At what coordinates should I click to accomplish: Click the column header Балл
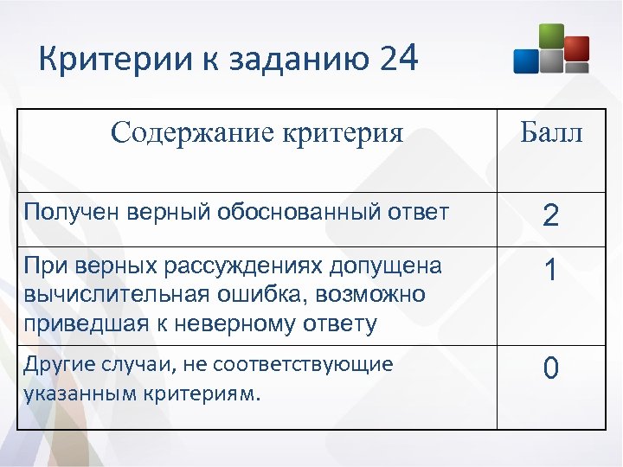tap(551, 133)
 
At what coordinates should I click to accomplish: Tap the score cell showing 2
tap(550, 216)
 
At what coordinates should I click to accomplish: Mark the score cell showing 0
tap(550, 369)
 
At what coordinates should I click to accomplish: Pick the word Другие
tap(55, 364)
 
